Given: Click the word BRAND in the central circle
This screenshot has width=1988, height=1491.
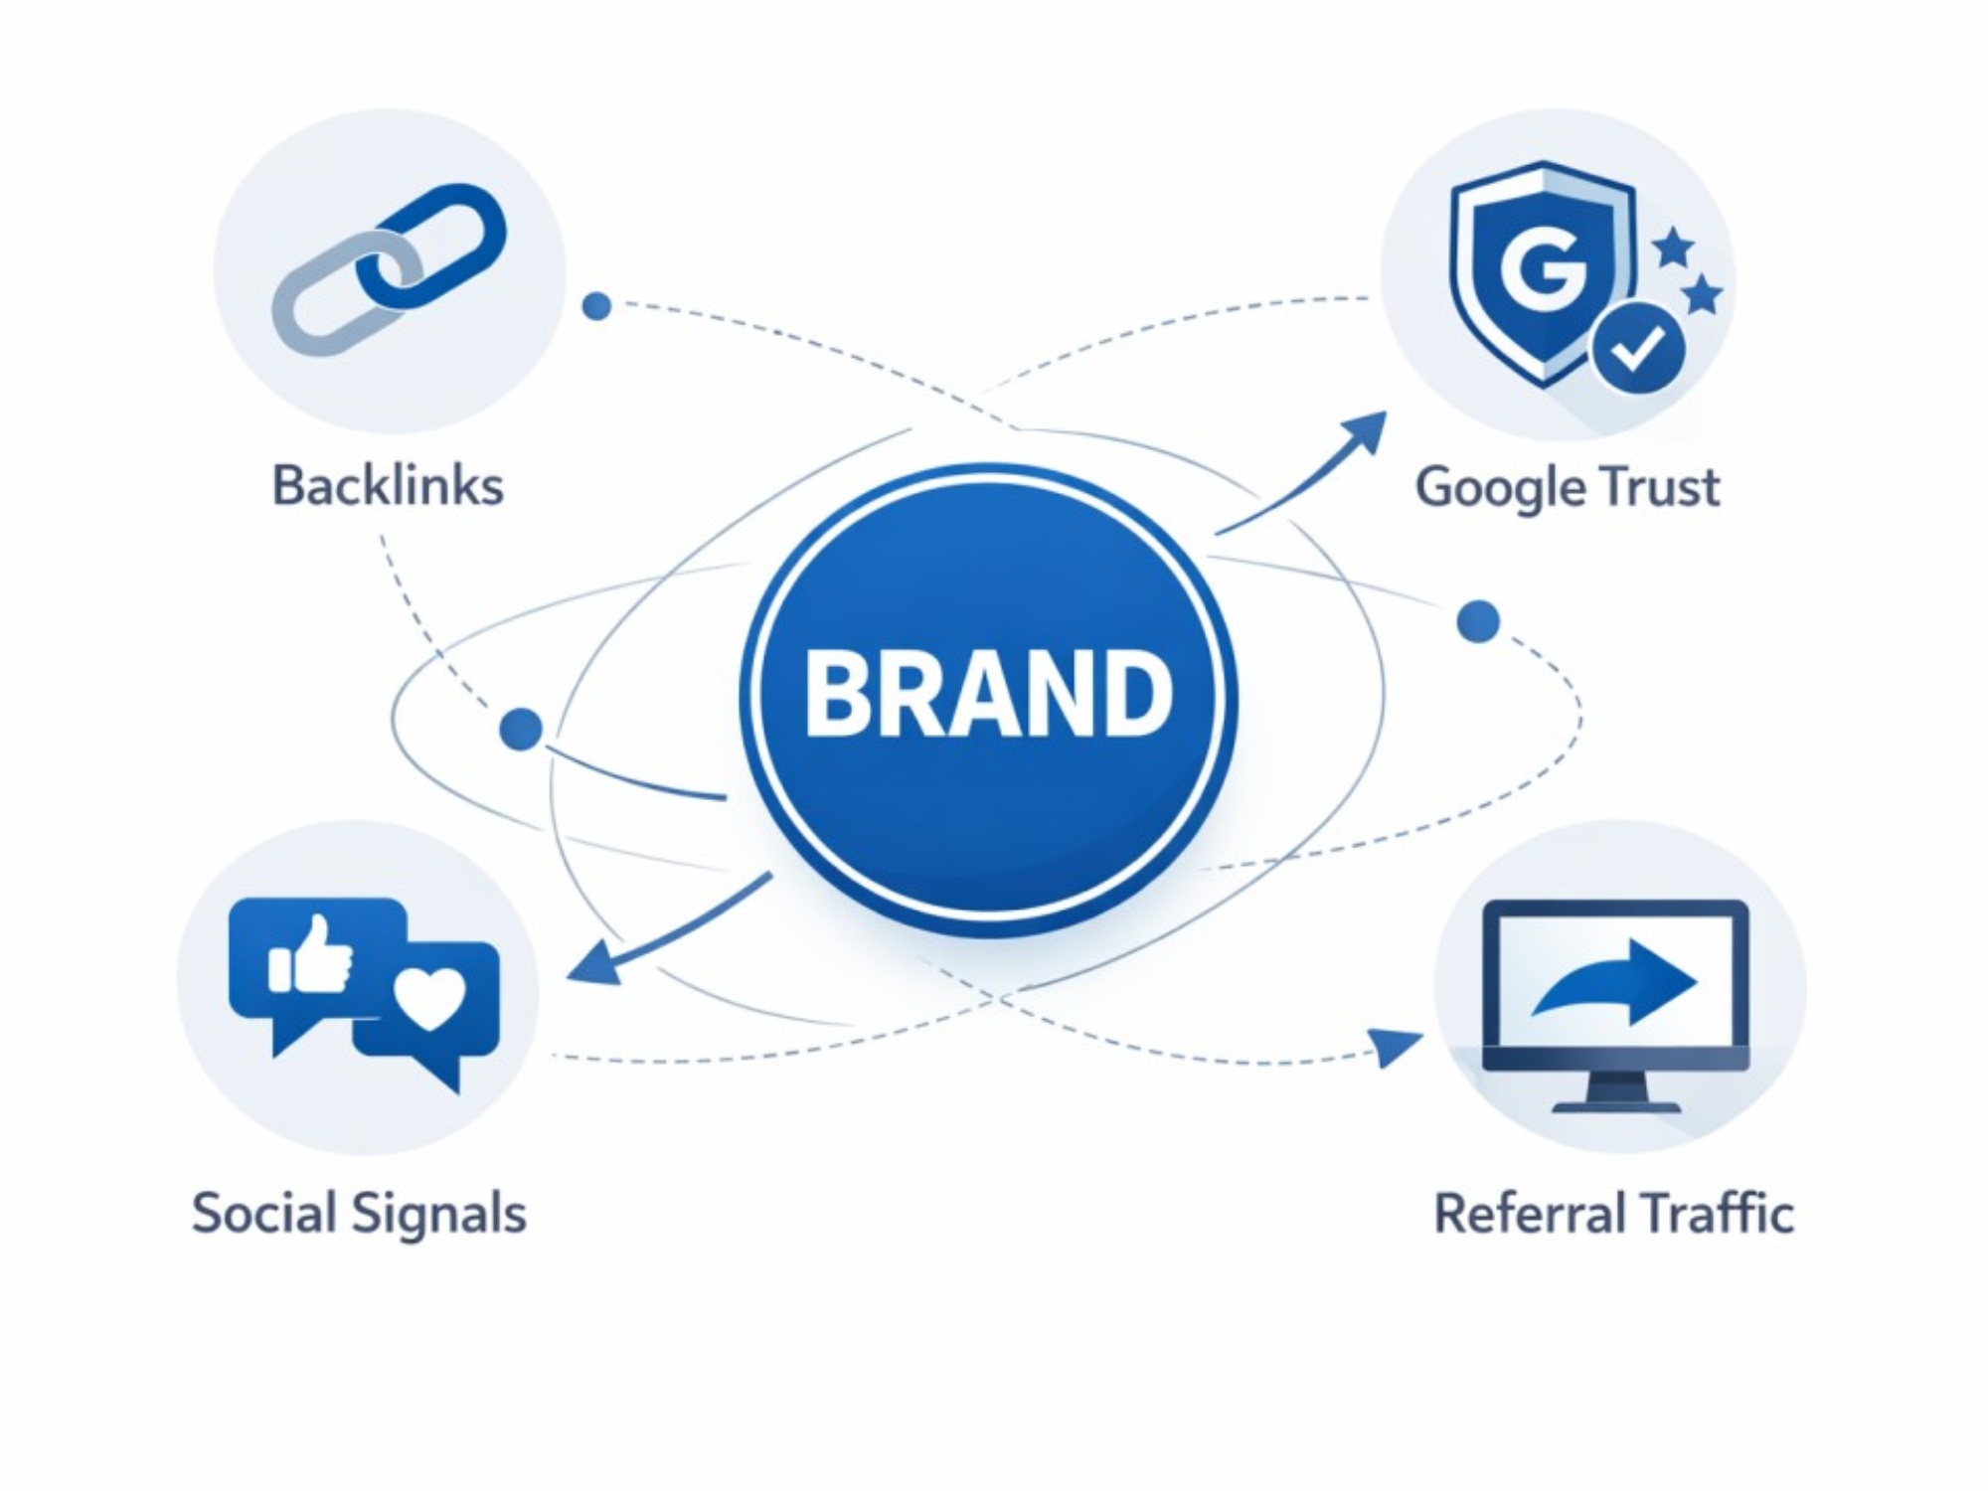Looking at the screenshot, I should (x=988, y=693).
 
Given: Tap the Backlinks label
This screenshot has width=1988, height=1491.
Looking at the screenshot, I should (x=388, y=486).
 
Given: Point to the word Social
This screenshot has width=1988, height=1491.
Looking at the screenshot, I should (x=261, y=1214).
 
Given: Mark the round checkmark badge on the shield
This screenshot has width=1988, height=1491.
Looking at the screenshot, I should (x=1637, y=348).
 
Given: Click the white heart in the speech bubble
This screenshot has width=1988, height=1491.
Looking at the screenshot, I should (x=429, y=998).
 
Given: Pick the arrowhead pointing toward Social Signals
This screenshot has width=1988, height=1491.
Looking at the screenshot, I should (x=592, y=965).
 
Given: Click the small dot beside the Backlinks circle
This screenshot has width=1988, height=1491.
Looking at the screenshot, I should (x=596, y=306).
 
